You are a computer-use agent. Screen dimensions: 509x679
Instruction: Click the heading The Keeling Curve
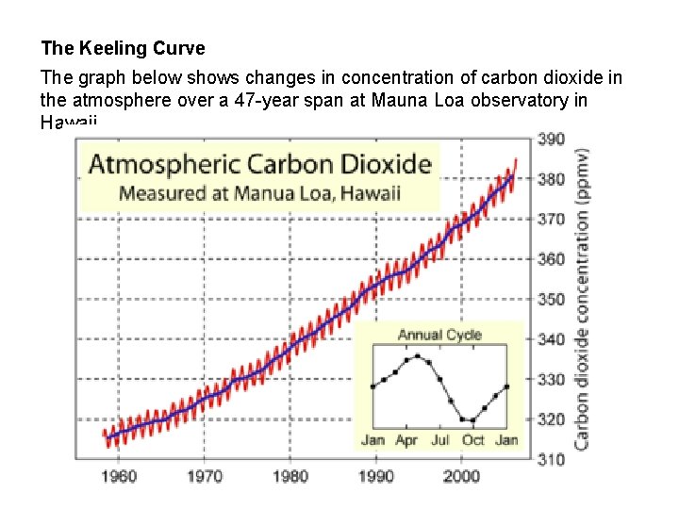pos(123,48)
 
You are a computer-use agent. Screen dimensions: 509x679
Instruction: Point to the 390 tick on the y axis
pos(552,139)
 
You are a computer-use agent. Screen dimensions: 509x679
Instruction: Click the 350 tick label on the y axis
pos(552,300)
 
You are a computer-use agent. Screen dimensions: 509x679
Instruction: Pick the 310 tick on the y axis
pos(552,460)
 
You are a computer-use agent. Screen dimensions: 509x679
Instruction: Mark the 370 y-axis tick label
pos(552,220)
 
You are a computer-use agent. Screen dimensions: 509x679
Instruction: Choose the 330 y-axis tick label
pos(552,380)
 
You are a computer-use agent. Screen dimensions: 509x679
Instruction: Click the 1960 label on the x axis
pos(119,477)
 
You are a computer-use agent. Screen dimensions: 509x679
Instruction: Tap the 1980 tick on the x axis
pos(290,477)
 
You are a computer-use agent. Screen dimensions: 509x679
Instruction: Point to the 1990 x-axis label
pos(375,477)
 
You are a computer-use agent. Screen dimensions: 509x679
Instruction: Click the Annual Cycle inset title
pos(439,335)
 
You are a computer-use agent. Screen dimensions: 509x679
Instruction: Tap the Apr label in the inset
pos(406,440)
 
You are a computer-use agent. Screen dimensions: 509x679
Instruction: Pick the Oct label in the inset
pos(473,440)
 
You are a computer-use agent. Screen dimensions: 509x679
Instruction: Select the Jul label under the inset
pos(440,440)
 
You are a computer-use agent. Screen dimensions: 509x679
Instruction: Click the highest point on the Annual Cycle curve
pos(417,356)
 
